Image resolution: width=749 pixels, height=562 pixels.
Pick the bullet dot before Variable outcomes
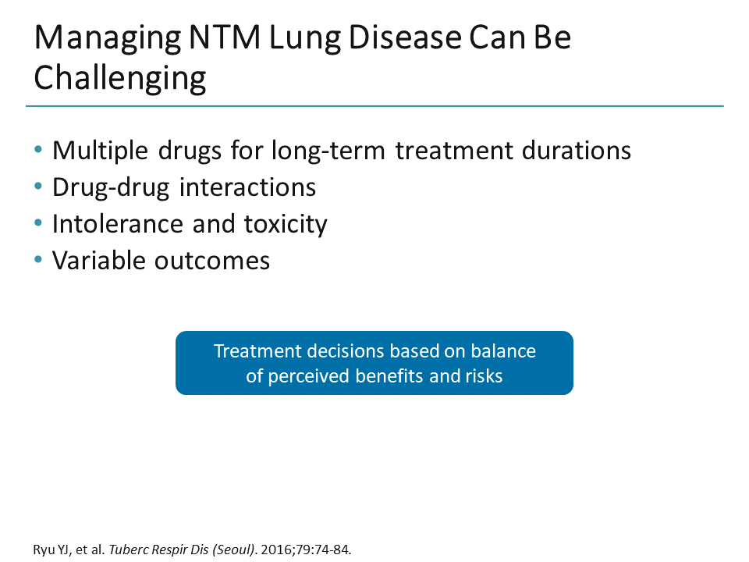40,260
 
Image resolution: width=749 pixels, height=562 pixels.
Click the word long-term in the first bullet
330,150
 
